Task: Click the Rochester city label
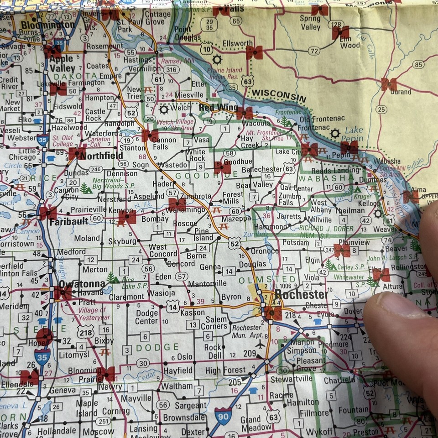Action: point(301,295)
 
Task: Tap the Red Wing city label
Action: point(218,108)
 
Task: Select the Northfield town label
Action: point(101,156)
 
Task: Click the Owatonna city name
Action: point(82,284)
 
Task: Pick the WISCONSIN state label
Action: point(279,95)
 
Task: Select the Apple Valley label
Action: point(63,63)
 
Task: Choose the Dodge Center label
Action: point(147,317)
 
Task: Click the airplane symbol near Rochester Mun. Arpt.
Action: point(261,344)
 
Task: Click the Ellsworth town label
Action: point(237,43)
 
